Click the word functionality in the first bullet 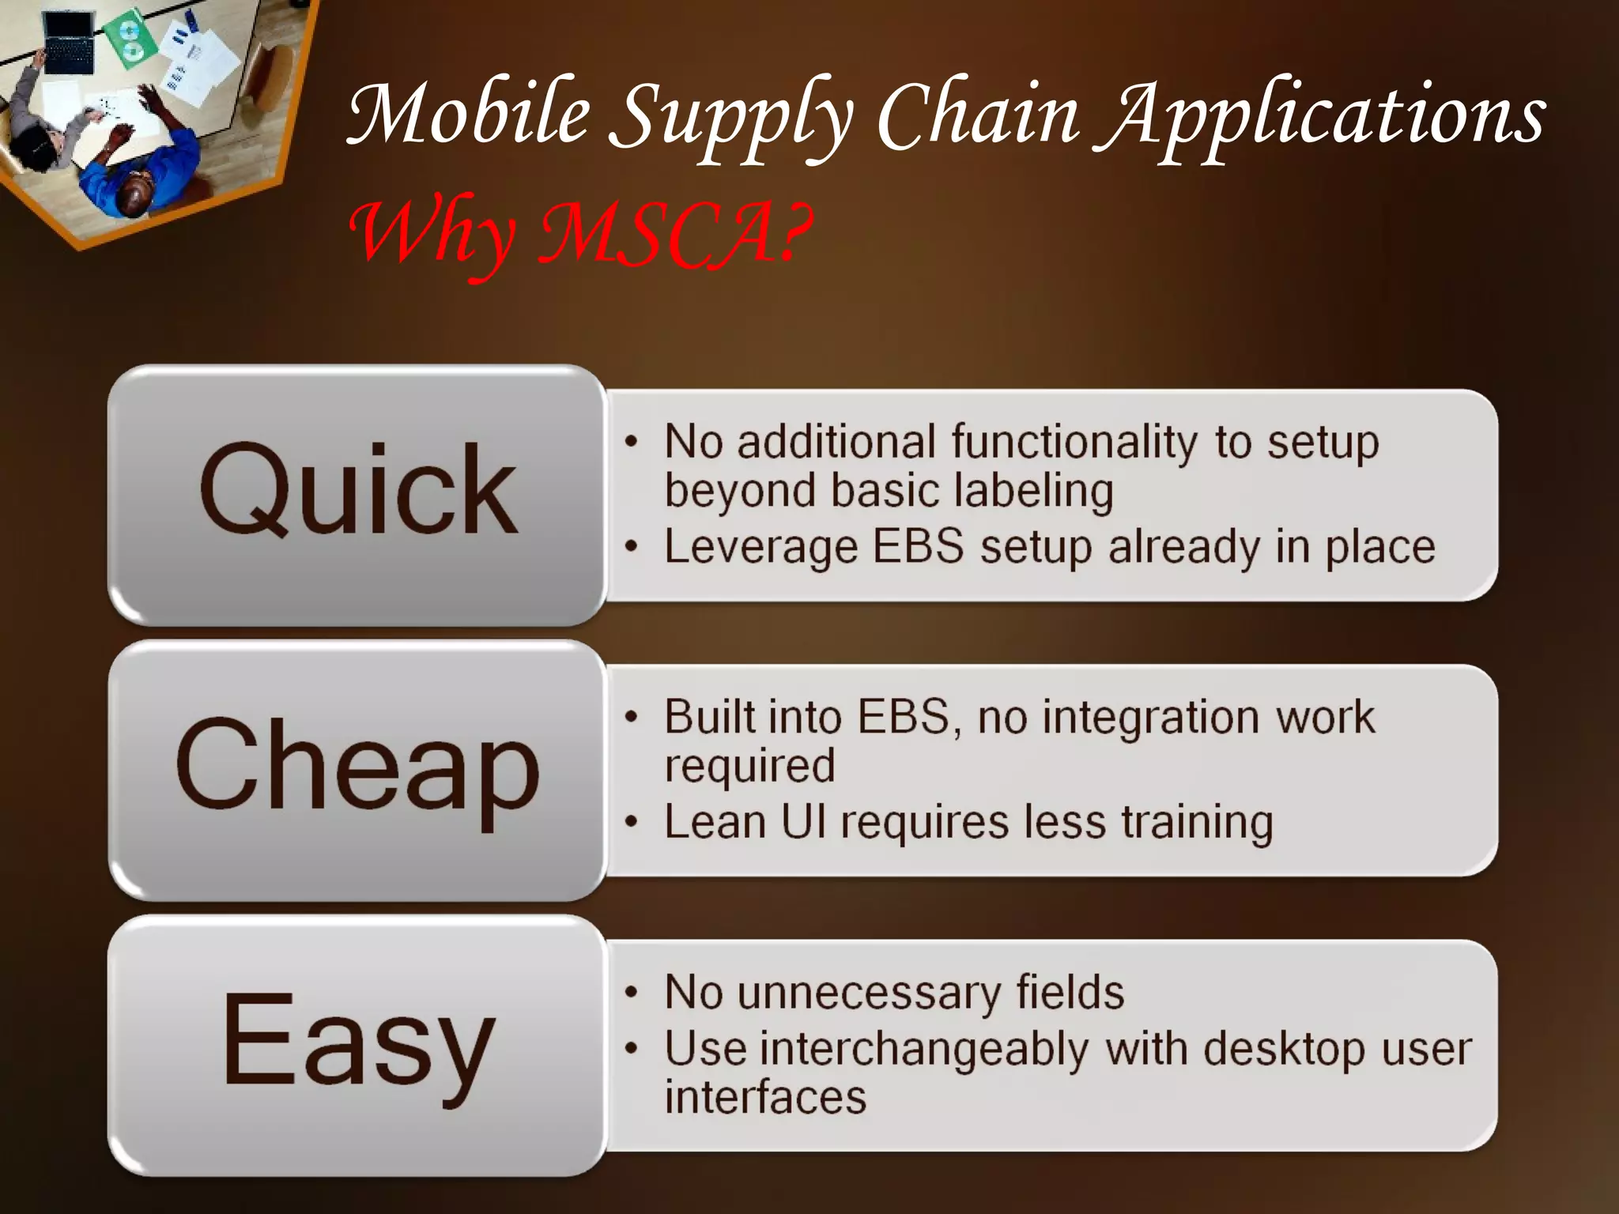(x=1074, y=443)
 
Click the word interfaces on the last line (x=765, y=1099)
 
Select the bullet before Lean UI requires (x=630, y=823)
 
